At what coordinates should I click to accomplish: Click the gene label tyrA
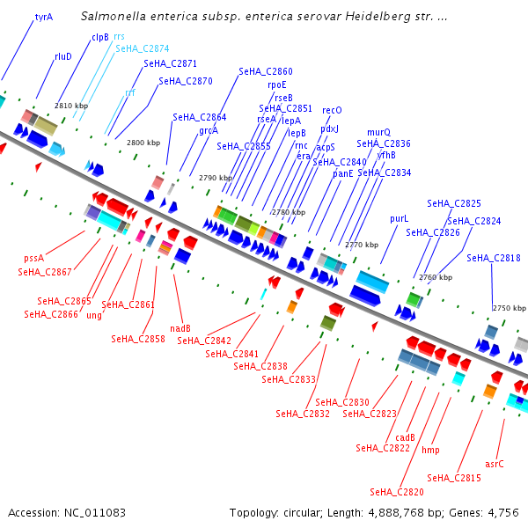(44, 17)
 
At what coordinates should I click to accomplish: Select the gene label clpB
(100, 37)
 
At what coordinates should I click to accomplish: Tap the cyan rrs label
(120, 37)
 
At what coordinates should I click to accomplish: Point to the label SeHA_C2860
(266, 71)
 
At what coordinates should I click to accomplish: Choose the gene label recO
(332, 110)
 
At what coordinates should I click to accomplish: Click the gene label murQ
(378, 132)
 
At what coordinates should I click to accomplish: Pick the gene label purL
(400, 218)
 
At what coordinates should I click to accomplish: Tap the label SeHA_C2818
(494, 258)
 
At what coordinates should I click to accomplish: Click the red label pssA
(34, 259)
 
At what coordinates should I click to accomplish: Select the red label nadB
(180, 328)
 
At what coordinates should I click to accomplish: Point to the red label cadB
(405, 437)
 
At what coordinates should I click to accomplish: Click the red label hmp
(430, 450)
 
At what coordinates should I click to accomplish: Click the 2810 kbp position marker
(71, 106)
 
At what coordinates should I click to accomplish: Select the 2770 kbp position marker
(361, 245)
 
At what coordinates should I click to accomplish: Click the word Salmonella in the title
(112, 17)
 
